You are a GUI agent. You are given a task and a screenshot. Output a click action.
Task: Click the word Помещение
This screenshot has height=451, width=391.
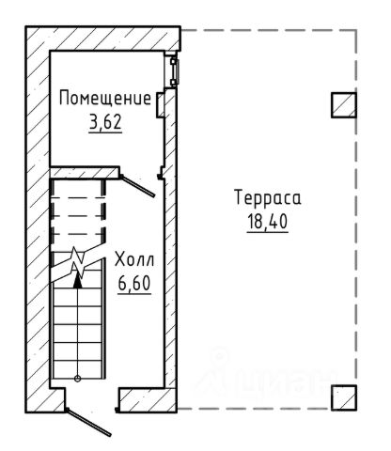coord(105,99)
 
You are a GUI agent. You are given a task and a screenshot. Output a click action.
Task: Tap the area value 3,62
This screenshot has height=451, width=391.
coord(105,122)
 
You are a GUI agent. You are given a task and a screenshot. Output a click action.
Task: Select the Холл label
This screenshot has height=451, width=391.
coord(134,259)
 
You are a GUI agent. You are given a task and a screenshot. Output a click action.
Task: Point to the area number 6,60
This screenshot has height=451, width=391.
coord(134,284)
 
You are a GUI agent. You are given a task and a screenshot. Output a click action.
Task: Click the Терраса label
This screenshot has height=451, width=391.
coord(268,198)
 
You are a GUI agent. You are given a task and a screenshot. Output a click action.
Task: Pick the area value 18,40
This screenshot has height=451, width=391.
coord(268,222)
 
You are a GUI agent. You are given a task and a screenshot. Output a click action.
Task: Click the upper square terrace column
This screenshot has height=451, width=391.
coord(344,105)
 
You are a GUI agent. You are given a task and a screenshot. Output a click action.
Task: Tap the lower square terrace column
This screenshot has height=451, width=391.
coord(344,397)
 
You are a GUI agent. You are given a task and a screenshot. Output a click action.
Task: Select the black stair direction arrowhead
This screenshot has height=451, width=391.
coord(77,281)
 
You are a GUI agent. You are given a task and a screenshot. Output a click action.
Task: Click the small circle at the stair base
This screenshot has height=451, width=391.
coord(77,379)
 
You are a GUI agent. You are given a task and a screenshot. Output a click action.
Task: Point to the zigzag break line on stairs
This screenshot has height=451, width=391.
coord(77,262)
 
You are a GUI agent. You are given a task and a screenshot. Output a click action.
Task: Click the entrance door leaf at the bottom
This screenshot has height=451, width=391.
coord(88,423)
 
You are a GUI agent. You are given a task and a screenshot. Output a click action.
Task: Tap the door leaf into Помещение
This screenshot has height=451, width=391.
coord(137,186)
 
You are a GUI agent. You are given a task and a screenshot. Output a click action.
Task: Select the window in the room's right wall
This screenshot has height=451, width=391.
coord(174,72)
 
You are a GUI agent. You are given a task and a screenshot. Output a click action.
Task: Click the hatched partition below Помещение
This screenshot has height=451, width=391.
coord(85,173)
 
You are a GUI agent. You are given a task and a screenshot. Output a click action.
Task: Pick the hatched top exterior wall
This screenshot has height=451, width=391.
coord(103,39)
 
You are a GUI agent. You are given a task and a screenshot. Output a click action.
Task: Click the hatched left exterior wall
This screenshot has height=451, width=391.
coord(38,219)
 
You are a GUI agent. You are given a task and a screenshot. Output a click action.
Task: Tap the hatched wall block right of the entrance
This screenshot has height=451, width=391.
coord(148,400)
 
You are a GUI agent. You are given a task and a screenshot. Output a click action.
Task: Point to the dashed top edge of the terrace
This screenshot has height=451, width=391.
coord(269,30)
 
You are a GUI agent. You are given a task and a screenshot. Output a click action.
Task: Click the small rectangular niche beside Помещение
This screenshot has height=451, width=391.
coord(161,105)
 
